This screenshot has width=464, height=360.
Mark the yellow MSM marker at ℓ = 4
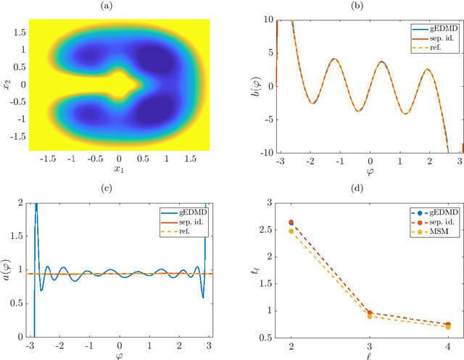coord(447,327)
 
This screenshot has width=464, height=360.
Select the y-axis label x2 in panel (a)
coord(8,84)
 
